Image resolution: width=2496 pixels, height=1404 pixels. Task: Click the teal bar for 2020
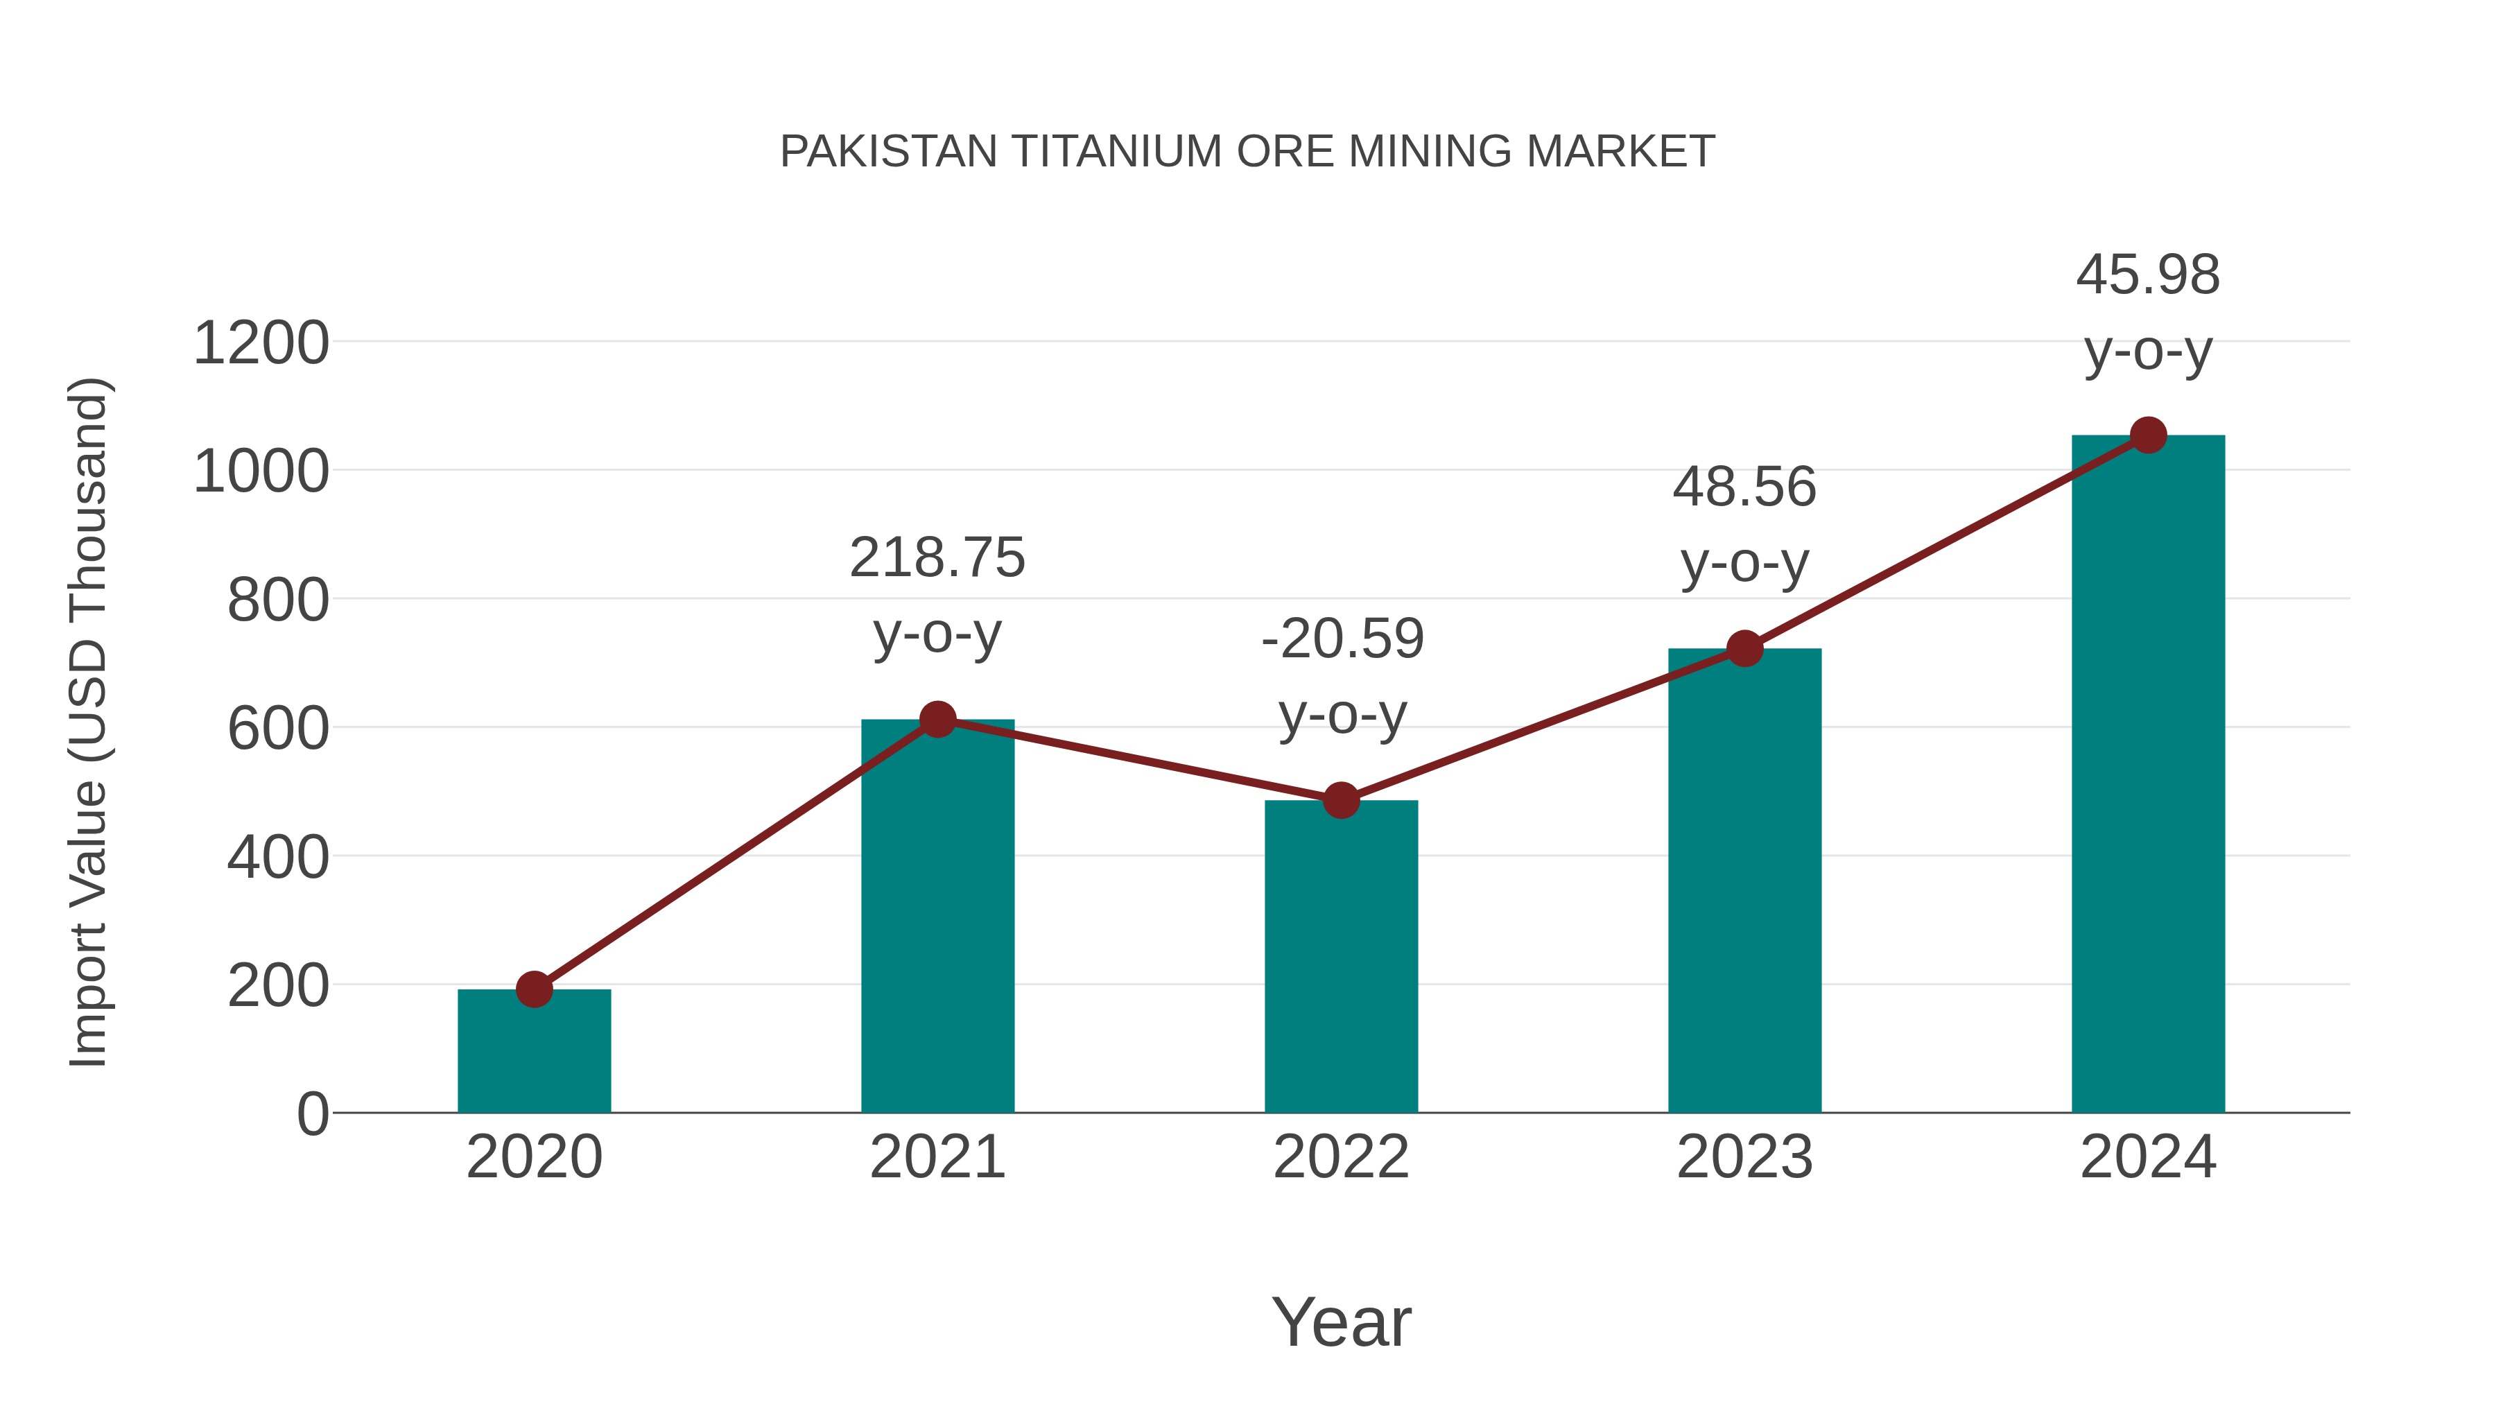click(534, 1056)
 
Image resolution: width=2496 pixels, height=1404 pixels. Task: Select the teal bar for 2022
click(1341, 960)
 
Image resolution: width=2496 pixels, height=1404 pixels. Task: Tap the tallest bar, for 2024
click(2148, 775)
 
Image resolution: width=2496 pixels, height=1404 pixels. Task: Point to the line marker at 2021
click(937, 719)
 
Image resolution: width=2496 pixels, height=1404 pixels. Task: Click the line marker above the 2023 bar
click(1744, 648)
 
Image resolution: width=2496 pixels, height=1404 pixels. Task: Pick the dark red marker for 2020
click(534, 989)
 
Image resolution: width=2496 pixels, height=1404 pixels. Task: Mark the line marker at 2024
click(2148, 435)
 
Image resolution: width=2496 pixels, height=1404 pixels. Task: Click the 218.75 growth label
click(937, 558)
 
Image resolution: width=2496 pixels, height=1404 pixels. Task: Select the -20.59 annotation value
click(1342, 639)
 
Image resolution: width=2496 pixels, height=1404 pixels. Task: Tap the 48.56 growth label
click(1744, 487)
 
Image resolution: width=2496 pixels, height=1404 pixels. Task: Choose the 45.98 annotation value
click(2147, 275)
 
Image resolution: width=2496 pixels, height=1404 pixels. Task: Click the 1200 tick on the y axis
click(261, 344)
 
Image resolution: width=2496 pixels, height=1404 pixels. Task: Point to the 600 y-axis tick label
click(278, 729)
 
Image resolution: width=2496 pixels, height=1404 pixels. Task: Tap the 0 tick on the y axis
click(313, 1114)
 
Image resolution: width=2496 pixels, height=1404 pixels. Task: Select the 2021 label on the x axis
click(937, 1157)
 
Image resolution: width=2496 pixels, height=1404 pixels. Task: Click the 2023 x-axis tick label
click(1744, 1157)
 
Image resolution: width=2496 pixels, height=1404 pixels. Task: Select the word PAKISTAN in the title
click(889, 152)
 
